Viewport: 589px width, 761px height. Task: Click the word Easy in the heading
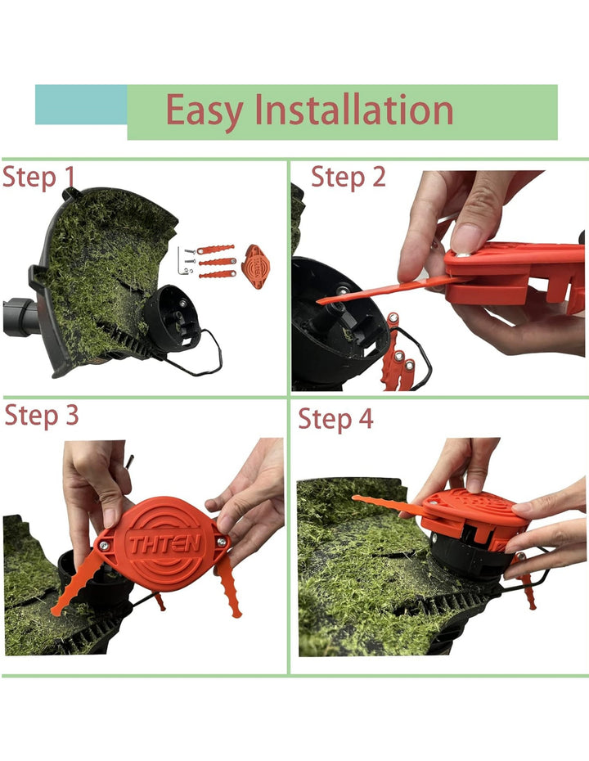tap(205, 111)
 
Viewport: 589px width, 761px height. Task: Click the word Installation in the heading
tap(353, 110)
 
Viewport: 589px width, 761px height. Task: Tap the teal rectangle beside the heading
tap(81, 105)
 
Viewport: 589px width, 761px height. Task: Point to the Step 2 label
tap(348, 177)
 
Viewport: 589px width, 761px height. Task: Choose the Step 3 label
tap(42, 416)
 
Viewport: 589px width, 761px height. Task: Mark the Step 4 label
tap(335, 419)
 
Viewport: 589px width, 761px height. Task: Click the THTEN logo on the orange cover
tap(164, 543)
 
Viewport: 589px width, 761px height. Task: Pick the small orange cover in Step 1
tap(256, 267)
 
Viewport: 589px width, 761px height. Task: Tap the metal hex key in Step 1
tap(182, 262)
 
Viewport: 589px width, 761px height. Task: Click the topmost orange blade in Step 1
tap(215, 250)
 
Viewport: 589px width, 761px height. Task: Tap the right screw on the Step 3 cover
tap(222, 542)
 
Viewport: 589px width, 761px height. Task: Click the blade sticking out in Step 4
tap(388, 505)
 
